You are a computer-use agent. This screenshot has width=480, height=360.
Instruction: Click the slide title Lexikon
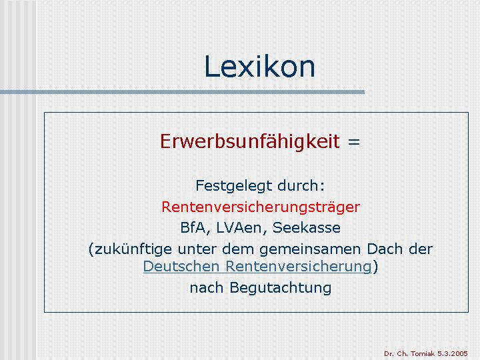coord(259,67)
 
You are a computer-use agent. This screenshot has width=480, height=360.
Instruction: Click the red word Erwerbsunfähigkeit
coord(250,141)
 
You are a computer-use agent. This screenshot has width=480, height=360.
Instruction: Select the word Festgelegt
coord(234,186)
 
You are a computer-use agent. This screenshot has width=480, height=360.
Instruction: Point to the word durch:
coord(301,185)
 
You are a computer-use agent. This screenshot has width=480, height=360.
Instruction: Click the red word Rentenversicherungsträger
coord(261,207)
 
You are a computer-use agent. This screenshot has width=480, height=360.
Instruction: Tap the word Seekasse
coord(307,227)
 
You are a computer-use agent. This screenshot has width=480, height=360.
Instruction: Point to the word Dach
coord(385,249)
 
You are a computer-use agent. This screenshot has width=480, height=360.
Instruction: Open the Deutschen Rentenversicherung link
coord(257,266)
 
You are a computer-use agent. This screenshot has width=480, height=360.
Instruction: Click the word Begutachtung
coord(281,288)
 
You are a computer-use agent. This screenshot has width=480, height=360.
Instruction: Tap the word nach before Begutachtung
coord(206,288)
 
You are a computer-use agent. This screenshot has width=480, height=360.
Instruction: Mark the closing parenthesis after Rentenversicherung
coord(375,266)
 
